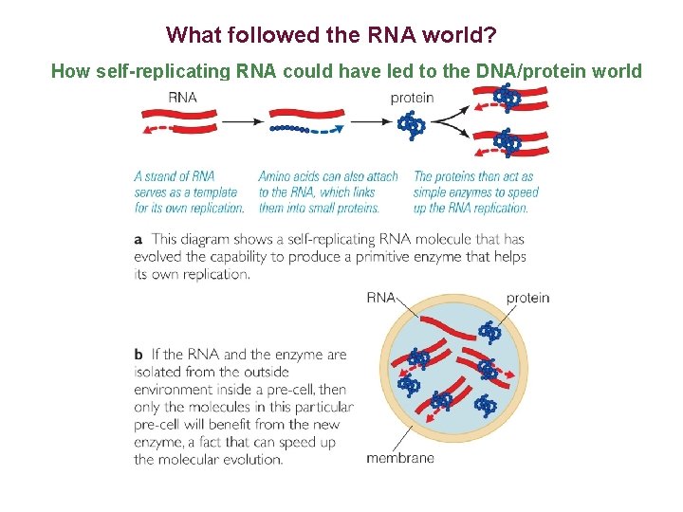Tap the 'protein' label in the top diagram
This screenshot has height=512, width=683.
point(412,97)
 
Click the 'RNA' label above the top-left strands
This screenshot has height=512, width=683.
point(182,97)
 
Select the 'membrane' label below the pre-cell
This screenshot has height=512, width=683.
point(400,458)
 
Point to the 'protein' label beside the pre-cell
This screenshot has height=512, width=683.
point(527,298)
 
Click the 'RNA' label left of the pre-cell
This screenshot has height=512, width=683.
point(380,298)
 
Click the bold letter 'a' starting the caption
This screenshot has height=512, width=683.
point(138,240)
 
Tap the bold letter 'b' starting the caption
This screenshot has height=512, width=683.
point(138,355)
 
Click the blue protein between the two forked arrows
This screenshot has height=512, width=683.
point(412,124)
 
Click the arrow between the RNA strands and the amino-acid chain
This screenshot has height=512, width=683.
point(242,121)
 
